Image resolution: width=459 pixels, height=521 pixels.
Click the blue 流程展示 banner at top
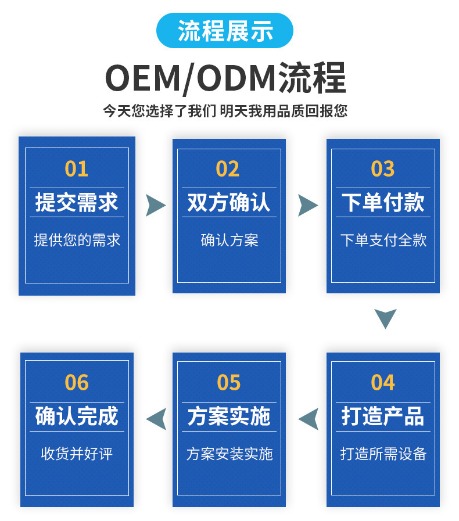pos(225,31)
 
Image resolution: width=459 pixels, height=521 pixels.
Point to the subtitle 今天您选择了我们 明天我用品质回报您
pos(225,110)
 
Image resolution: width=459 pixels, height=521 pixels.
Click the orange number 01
pos(77,168)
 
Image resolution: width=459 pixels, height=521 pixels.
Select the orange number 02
pos(228,168)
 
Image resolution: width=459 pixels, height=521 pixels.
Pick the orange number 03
pos(383,168)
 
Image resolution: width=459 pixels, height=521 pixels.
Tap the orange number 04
pos(383,382)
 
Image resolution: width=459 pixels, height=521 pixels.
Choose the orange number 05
pos(228,382)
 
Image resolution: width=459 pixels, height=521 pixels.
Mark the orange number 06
pos(77,382)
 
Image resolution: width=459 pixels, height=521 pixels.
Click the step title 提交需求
pos(77,203)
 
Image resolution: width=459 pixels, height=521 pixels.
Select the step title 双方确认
pos(229,203)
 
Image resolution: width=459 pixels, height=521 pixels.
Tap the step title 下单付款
pos(383,203)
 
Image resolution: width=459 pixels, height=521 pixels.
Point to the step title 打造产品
pos(383,416)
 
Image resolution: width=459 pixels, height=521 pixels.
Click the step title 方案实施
pos(229,416)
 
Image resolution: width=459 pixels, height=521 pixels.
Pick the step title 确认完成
pos(77,416)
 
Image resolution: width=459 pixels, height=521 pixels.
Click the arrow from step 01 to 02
pos(155,205)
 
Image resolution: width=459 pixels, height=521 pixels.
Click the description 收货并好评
pos(77,454)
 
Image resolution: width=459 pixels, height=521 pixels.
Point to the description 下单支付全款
pos(383,240)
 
